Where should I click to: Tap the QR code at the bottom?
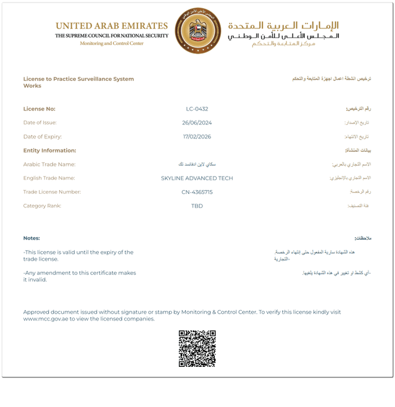[x=197, y=349]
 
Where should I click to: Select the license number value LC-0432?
[x=197, y=109]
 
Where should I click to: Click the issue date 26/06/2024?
[x=197, y=123]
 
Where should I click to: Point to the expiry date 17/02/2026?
[x=197, y=136]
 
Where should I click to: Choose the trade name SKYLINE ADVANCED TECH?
[x=197, y=178]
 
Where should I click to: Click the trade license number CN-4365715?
[x=197, y=192]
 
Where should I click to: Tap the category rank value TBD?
[x=197, y=206]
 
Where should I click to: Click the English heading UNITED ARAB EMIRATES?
[x=112, y=26]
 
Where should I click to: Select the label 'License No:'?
[x=39, y=109]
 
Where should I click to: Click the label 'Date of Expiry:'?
[x=43, y=136]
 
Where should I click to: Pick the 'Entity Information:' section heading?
[x=49, y=151]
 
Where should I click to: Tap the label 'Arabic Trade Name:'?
[x=49, y=164]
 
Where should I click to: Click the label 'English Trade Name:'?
[x=50, y=178]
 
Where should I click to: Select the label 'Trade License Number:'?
[x=52, y=192]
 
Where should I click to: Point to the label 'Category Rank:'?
[x=43, y=206]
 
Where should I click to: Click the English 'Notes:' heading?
[x=31, y=238]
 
